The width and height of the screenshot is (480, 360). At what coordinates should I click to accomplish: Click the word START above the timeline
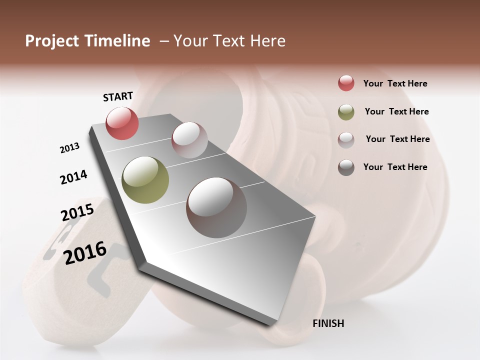pos(118,96)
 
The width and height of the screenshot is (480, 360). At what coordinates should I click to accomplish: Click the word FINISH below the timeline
pos(328,323)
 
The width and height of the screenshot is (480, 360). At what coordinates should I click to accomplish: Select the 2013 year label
pos(70,148)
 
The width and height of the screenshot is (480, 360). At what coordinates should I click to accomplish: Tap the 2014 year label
pos(73,177)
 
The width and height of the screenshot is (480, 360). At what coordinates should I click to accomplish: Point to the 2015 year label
pos(77,212)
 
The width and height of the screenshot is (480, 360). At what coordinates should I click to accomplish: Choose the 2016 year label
pos(85,252)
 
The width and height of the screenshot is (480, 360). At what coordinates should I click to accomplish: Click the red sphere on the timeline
pos(122,123)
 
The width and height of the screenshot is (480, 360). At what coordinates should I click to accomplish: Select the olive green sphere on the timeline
pos(145,180)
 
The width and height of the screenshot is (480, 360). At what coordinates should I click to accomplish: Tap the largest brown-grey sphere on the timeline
pos(216,207)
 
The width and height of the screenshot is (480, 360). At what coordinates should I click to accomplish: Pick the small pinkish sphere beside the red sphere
pos(189,139)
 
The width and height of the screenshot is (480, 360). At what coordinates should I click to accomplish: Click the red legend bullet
pos(346,83)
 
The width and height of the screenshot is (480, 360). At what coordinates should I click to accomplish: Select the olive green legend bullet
pos(346,112)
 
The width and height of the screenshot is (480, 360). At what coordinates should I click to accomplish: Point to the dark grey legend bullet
pos(346,167)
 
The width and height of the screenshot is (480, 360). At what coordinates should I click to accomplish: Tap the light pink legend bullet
pos(346,139)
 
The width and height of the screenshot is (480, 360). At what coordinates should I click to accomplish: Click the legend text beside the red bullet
pos(395,83)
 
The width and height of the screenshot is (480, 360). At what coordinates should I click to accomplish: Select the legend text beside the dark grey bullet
pos(395,167)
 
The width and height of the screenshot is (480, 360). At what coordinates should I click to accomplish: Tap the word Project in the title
pos(51,41)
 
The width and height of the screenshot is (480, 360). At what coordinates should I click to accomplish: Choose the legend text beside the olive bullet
pos(396,111)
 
